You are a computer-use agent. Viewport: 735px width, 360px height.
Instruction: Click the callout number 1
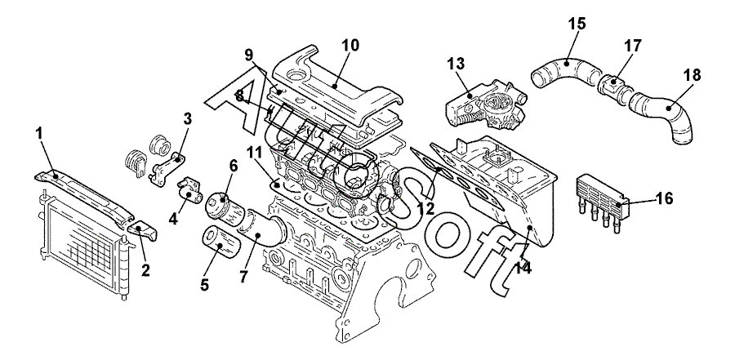[x=39, y=134]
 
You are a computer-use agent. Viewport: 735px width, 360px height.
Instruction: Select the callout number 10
[x=350, y=46]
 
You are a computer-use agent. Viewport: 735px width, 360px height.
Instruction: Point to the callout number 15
[x=577, y=24]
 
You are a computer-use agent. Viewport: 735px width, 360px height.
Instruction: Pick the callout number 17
[x=632, y=46]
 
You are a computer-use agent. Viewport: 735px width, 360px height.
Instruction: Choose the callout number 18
[x=693, y=75]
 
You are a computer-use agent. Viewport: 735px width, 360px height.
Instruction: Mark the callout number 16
[x=663, y=198]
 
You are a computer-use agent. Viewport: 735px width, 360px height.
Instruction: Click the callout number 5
[x=204, y=285]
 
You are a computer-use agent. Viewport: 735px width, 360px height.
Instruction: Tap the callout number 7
[x=243, y=276]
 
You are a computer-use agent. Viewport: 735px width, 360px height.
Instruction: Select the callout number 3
[x=187, y=118]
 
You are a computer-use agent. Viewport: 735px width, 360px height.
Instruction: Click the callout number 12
[x=425, y=208]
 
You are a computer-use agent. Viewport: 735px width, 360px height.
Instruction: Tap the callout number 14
[x=522, y=268]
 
